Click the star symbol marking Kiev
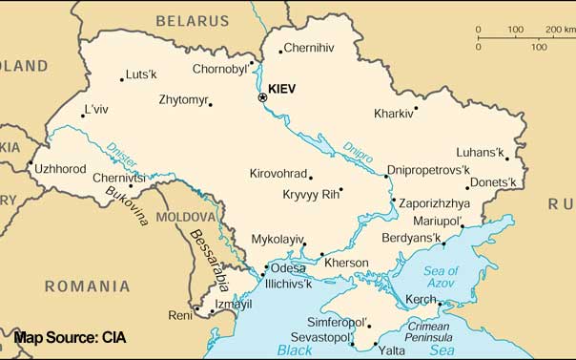tap(263, 97)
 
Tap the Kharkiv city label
tap(394, 113)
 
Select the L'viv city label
tap(96, 109)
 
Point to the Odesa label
tap(289, 268)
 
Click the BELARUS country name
tap(193, 19)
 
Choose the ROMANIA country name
tap(87, 286)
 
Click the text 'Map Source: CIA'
tap(70, 338)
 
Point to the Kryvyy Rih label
tap(311, 195)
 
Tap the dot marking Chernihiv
tap(280, 52)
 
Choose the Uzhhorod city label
tap(60, 169)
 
